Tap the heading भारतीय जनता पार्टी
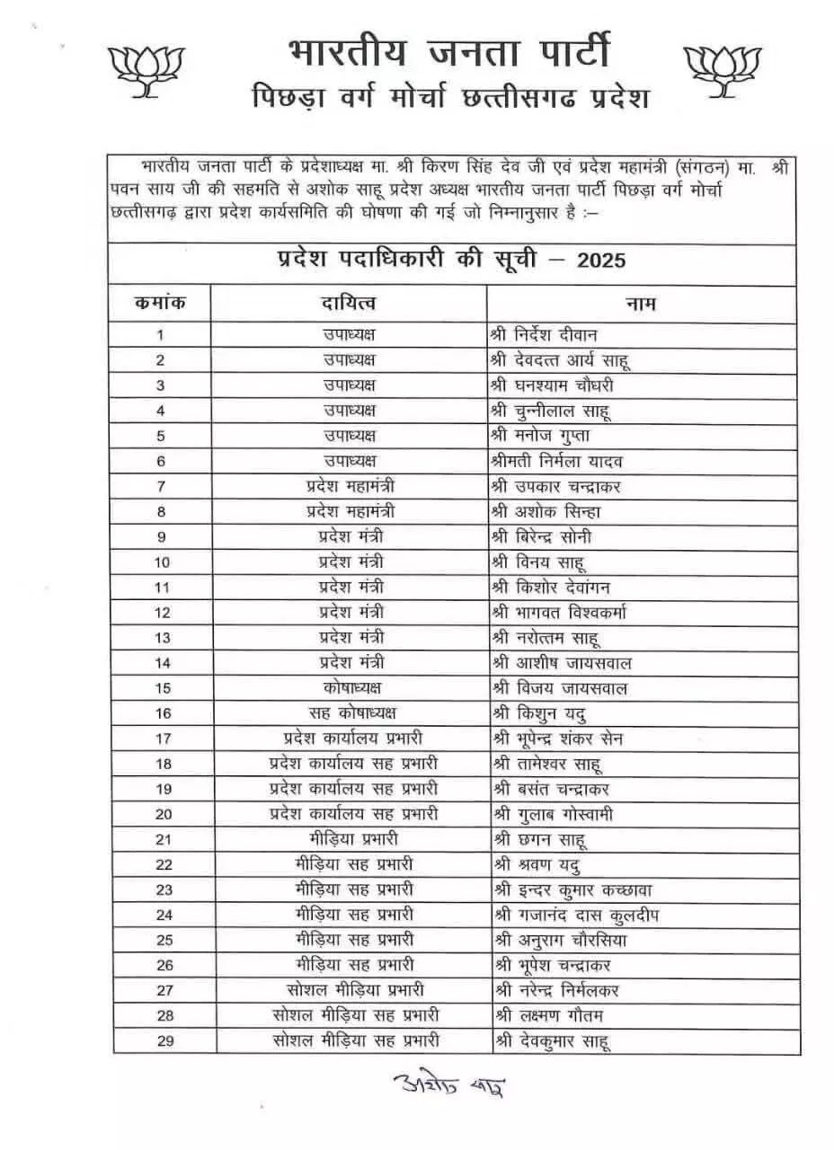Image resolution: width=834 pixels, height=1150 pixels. pos(449,51)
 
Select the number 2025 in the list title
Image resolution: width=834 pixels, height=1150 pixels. pos(601,261)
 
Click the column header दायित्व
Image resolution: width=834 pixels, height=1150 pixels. pos(349,305)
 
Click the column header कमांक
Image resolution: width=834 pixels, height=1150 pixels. pos(161,304)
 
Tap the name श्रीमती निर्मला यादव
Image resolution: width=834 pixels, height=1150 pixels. pos(557,461)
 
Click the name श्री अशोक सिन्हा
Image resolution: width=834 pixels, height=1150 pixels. pos(546,512)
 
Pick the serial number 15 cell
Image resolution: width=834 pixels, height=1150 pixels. pos(163,688)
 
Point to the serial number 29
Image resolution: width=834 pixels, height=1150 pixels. pos(163,1040)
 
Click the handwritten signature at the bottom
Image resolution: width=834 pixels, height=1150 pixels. pos(448,1084)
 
